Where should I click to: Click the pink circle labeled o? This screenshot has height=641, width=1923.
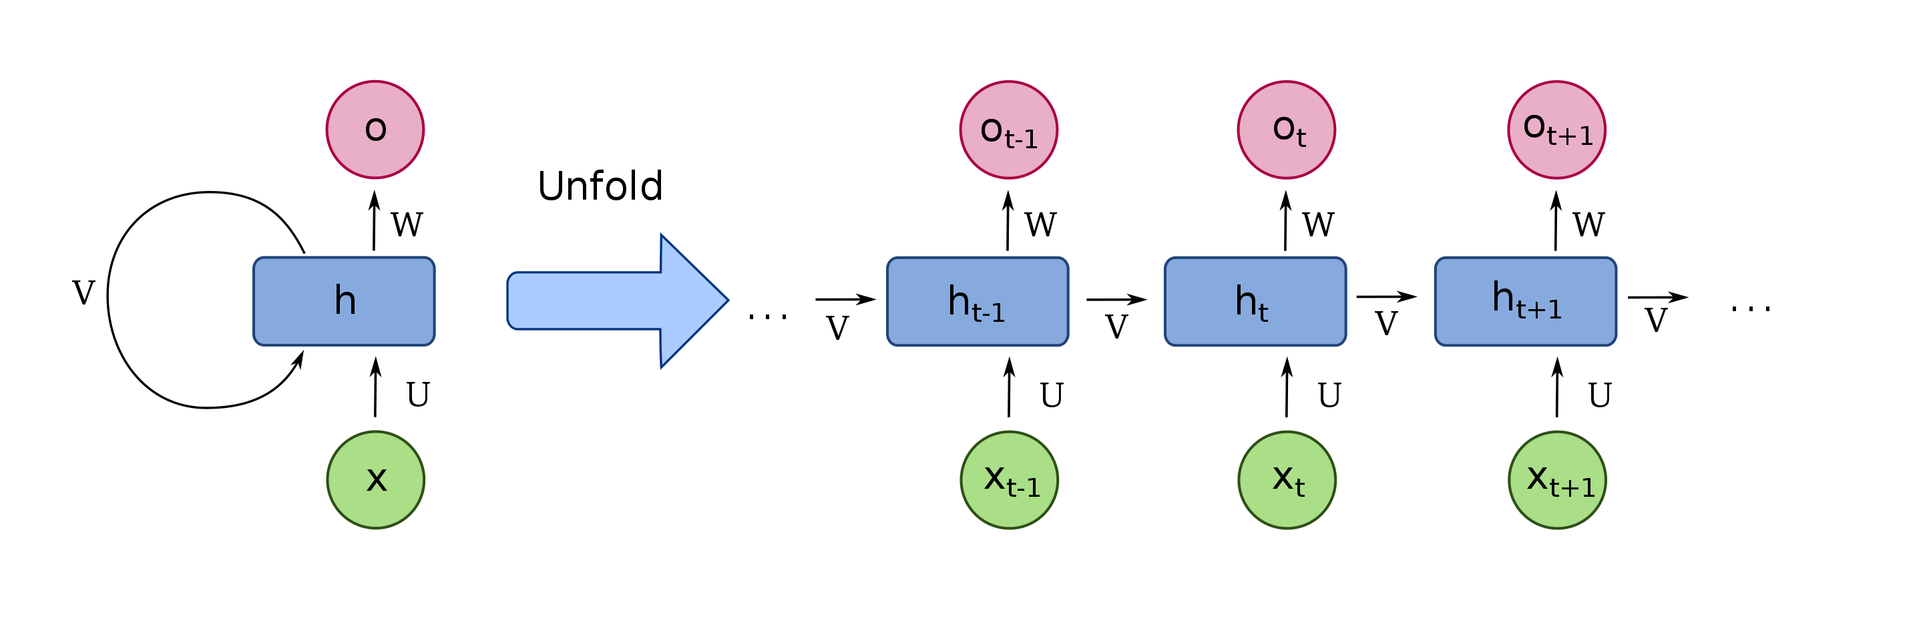point(375,130)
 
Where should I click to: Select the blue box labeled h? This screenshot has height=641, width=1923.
point(343,302)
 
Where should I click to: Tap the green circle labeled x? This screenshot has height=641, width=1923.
point(375,480)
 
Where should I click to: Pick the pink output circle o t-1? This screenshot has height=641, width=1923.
point(1008,130)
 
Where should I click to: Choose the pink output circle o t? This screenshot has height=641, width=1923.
point(1286,130)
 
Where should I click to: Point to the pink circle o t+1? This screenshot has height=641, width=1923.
point(1556,130)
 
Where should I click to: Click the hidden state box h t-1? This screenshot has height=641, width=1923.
point(977,302)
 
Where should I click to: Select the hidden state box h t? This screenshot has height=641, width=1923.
point(1255,302)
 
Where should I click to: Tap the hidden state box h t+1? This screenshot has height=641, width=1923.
point(1525,302)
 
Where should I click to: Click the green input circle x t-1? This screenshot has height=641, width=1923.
point(1010,480)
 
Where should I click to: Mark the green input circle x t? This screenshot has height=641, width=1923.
point(1287,480)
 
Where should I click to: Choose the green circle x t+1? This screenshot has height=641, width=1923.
point(1557,480)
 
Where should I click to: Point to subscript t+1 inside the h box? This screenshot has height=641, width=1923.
point(1539,309)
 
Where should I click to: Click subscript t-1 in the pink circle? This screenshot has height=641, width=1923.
point(1021,140)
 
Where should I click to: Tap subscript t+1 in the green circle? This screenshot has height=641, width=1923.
point(1572,488)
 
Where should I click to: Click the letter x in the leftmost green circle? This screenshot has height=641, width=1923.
point(376,479)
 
